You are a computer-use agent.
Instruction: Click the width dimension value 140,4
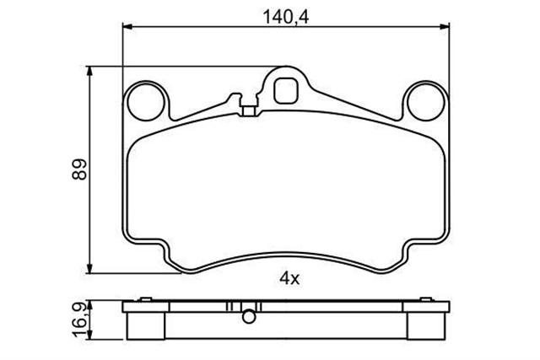tap(282, 13)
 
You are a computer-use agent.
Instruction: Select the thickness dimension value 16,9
tap(77, 320)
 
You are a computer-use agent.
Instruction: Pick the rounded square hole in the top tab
tap(287, 88)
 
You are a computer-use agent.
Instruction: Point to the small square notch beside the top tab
tap(248, 108)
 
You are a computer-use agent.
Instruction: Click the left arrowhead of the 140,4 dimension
tap(127, 28)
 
